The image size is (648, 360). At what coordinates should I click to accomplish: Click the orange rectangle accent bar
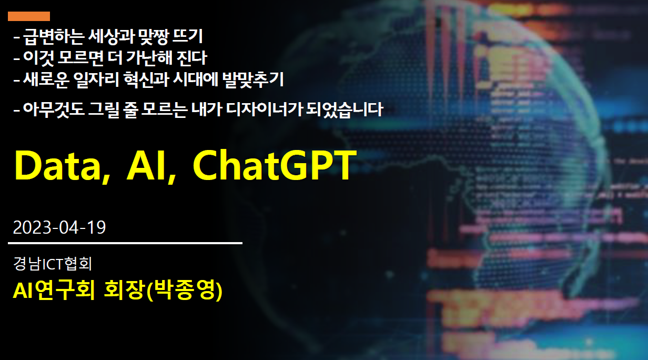tap(29, 16)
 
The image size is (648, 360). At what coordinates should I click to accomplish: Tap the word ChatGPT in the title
tap(275, 166)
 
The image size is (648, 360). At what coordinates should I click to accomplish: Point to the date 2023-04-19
tap(59, 227)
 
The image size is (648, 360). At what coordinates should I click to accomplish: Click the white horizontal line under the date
tap(125, 243)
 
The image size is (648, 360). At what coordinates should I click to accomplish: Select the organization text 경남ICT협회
tap(53, 263)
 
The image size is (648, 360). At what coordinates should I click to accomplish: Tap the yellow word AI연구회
tap(54, 289)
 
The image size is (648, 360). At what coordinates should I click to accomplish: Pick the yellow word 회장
tap(124, 289)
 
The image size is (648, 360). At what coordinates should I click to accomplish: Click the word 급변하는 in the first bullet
tap(53, 37)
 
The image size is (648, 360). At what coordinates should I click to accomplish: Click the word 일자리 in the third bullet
tap(96, 79)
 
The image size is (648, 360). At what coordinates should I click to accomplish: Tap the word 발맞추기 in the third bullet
tap(253, 79)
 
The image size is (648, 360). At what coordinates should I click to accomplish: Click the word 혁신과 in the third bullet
tap(146, 79)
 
